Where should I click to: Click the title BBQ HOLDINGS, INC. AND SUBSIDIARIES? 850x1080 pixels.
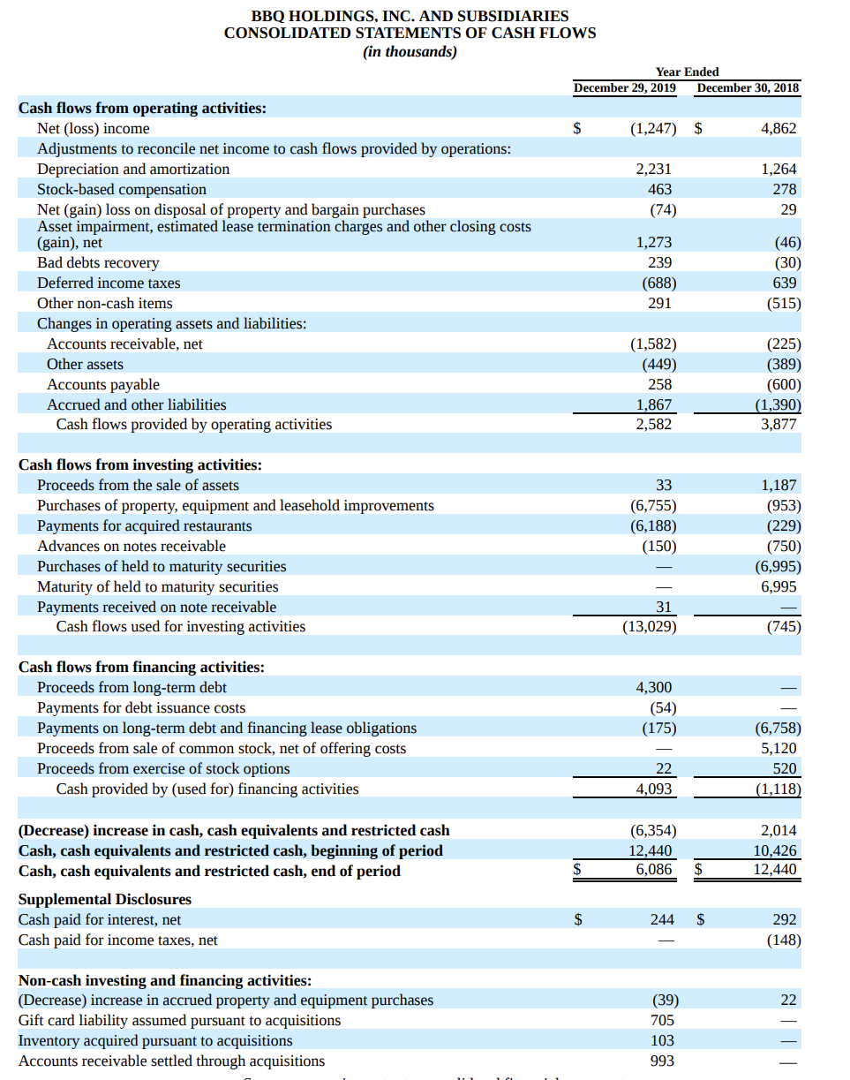coord(410,15)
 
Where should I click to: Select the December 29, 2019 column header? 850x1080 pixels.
coord(624,87)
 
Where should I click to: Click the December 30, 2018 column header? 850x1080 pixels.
coord(748,87)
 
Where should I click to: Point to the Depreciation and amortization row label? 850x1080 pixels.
coord(133,169)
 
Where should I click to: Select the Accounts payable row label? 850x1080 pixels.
coord(103,384)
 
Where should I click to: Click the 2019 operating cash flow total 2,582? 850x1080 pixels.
coord(654,424)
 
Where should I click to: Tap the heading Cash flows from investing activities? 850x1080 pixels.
coord(140,464)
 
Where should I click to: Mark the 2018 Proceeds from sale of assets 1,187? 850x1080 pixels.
coord(779,485)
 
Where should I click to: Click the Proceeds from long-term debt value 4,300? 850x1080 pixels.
coord(654,687)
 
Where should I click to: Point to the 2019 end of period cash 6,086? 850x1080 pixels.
coord(654,871)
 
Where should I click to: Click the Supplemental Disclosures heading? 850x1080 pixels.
coord(105,899)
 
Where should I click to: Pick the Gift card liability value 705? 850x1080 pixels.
coord(661,1020)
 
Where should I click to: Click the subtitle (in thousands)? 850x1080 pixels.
coord(410,51)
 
